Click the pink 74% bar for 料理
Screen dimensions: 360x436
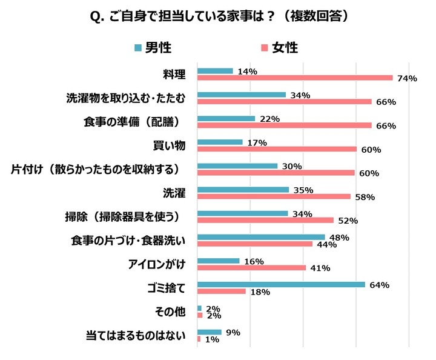[296, 78]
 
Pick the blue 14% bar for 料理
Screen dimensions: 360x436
[216, 71]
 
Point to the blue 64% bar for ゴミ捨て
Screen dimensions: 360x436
[282, 284]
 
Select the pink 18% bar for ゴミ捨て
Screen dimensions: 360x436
[222, 292]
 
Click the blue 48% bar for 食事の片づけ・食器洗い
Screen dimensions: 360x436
[261, 237]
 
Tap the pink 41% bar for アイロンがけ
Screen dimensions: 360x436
[252, 268]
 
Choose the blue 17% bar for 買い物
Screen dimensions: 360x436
[220, 142]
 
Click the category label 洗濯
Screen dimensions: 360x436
[174, 193]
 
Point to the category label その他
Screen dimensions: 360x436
[170, 312]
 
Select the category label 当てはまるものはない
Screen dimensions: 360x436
[136, 336]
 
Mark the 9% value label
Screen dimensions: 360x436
[233, 332]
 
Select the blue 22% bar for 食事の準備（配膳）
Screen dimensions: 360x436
[226, 118]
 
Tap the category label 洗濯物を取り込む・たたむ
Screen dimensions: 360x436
[125, 98]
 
